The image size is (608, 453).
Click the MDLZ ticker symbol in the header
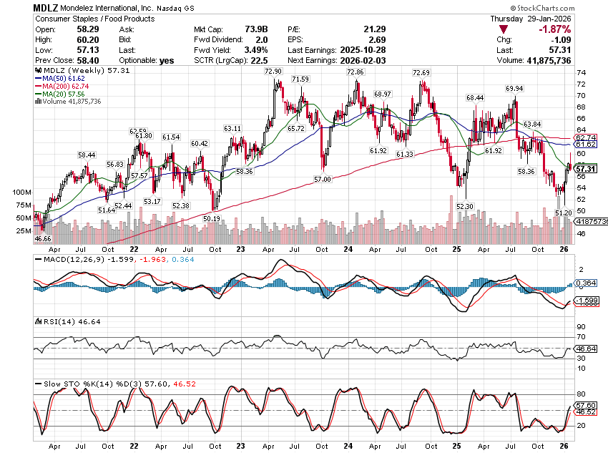tap(46, 7)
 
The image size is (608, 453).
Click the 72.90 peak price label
tap(273, 72)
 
